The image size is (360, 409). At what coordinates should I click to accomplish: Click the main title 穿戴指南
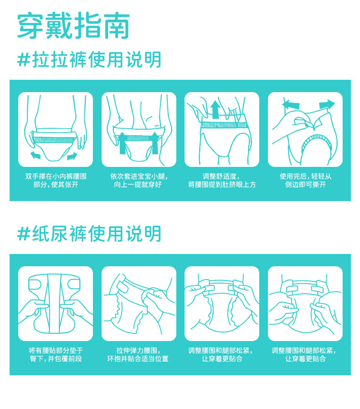73,25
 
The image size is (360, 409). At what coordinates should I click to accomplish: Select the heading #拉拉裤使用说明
89,60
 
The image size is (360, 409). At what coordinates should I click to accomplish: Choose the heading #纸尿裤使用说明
89,234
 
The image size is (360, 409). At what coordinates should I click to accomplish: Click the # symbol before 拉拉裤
24,60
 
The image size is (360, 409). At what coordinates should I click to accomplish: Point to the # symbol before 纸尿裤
24,234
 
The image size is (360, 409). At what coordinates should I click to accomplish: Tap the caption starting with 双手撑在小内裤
56,181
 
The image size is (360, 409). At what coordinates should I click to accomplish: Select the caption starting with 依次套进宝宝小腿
139,181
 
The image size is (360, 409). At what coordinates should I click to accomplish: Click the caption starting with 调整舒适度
222,181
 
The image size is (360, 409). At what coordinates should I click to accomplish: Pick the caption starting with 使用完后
305,181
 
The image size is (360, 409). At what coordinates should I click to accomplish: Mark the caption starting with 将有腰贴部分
56,354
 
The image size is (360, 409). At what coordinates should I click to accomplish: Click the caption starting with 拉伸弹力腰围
138,354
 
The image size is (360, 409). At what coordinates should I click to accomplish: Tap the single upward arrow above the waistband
216,110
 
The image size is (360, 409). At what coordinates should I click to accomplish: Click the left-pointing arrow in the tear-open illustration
291,104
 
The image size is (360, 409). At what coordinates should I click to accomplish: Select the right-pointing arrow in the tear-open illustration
327,104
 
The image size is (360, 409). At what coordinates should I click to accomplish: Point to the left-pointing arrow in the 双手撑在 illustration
36,155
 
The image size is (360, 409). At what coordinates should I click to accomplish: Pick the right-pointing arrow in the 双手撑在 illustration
72,156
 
